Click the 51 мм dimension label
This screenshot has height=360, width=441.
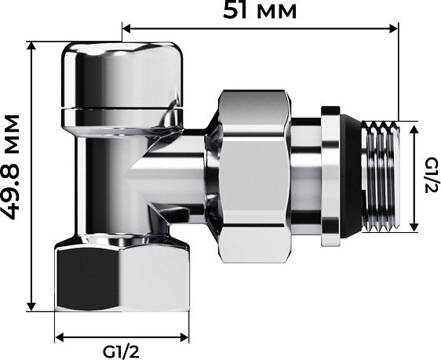point(260,11)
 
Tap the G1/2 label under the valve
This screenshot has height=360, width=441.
point(121,352)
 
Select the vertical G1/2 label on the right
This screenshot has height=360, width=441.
point(431,175)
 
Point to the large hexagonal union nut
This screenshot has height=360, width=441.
point(253,176)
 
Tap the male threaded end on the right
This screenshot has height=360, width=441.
point(381,176)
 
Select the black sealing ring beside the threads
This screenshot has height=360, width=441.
point(351,176)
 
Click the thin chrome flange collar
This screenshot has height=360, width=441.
point(330,176)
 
